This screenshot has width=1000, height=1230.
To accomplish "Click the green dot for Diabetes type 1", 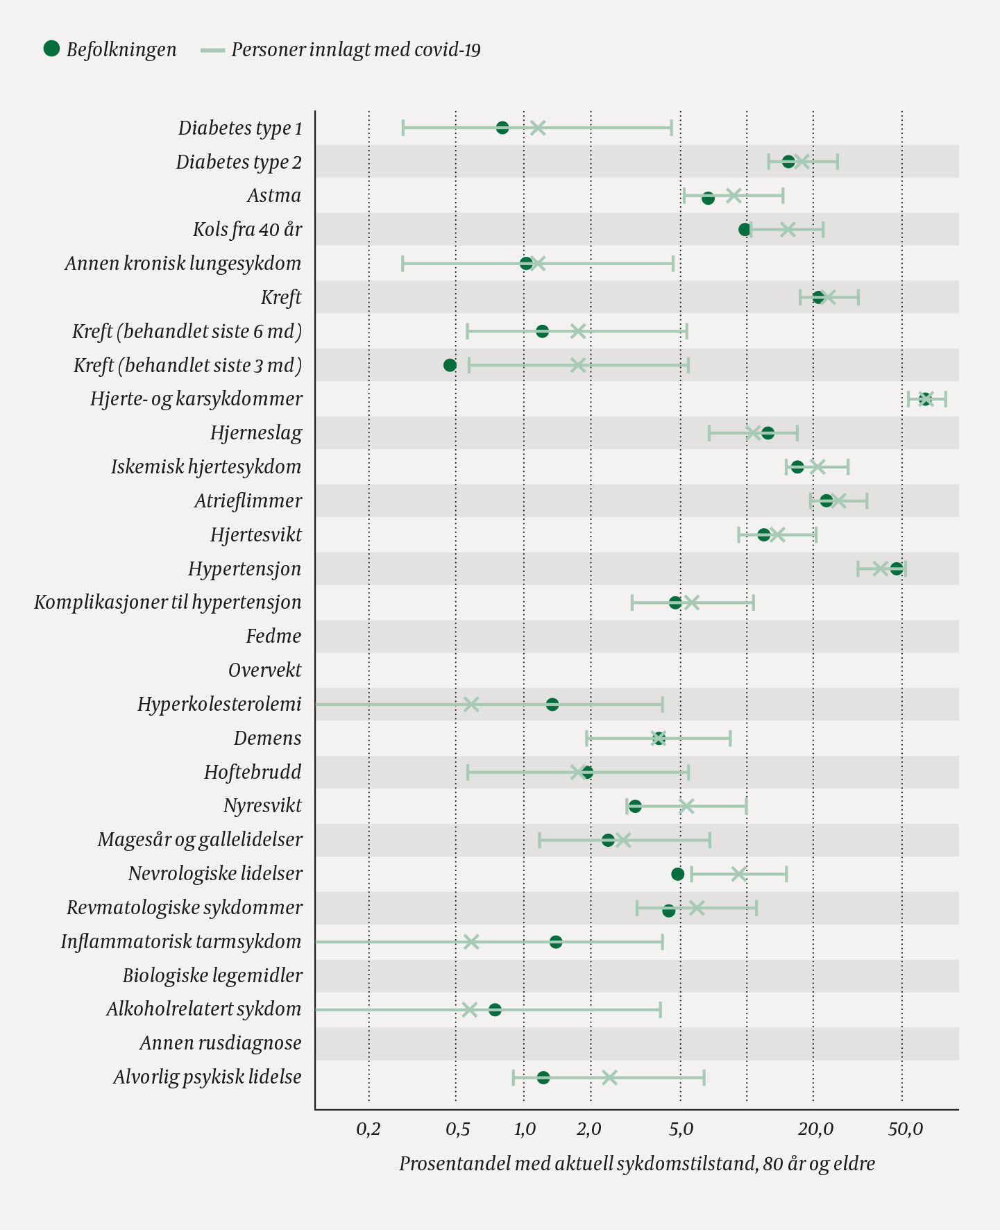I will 502,128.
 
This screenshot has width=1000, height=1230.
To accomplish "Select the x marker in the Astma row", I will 734,196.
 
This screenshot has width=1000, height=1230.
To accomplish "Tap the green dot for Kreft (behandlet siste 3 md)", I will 450,365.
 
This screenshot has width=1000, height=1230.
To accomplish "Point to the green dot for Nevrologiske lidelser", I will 678,874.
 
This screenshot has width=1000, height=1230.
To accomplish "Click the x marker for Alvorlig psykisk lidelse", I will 609,1077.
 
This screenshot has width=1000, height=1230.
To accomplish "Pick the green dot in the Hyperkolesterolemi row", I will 552,705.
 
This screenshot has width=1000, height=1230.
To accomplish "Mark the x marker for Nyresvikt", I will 686,806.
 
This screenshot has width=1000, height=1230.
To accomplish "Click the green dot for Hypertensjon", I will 897,568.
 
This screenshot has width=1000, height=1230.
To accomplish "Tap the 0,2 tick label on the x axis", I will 368,1129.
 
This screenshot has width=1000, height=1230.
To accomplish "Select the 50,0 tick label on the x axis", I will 906,1129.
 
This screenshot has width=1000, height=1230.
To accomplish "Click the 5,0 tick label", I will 681,1129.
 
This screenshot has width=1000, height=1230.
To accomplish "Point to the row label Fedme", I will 273,637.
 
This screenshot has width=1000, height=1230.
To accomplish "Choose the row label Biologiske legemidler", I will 212,975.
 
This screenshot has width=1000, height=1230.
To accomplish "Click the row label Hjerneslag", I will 256,433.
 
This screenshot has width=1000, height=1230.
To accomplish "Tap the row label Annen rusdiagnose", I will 221,1043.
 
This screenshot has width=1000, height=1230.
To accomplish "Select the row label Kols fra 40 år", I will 247,230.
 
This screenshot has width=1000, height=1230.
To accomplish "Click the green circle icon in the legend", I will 51,49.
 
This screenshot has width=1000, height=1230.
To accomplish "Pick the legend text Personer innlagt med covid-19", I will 356,50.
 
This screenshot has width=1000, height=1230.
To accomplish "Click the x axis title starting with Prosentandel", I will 636,1163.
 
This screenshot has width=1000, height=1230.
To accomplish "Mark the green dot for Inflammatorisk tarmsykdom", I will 556,942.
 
